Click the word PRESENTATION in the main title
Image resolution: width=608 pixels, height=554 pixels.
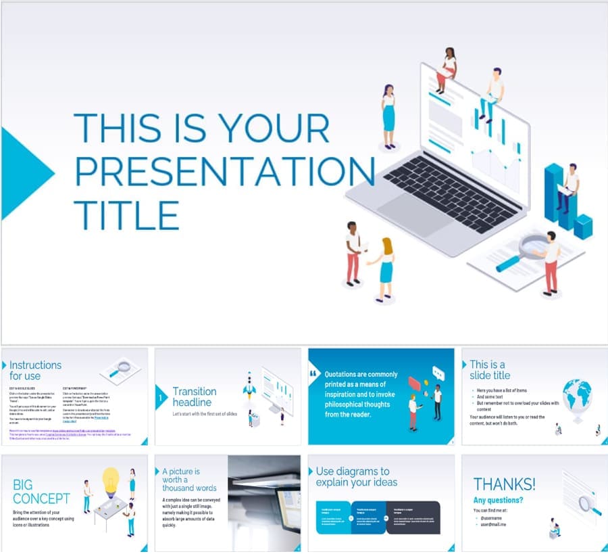point(224,170)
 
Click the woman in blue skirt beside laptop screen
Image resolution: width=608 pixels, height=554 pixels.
point(388,116)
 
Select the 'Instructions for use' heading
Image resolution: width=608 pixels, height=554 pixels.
point(35,370)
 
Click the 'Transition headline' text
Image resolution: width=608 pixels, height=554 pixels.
point(195,396)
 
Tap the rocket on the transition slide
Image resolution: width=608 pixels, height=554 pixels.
point(248,388)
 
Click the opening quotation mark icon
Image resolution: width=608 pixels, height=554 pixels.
point(313,373)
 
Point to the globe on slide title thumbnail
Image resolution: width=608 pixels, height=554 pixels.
point(576,396)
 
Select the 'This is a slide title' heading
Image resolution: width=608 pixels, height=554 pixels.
point(490,369)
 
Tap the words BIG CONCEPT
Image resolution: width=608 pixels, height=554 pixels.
point(41,492)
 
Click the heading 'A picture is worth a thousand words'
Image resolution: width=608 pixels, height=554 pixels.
point(189,480)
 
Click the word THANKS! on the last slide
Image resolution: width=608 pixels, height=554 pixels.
point(504,484)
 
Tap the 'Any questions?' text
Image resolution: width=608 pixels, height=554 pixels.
point(498,501)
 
